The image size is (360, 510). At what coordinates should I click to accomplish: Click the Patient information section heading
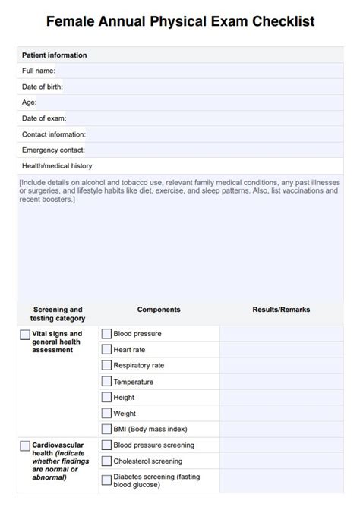pos(54,55)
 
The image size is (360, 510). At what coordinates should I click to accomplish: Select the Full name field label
pos(39,71)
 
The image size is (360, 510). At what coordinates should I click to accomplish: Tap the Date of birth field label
pos(43,87)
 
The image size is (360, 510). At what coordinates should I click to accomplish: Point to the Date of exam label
pos(44,118)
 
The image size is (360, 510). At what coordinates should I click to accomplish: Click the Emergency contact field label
pos(53,150)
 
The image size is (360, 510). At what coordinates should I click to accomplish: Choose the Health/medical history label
pos(58,165)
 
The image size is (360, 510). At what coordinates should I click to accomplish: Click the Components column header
pos(159,310)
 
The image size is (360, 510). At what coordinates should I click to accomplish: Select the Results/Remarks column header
pos(281,310)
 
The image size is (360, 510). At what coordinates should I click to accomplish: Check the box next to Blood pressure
pos(106,333)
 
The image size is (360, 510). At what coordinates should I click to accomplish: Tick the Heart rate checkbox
pos(106,349)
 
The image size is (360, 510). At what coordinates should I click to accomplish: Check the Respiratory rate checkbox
pos(106,365)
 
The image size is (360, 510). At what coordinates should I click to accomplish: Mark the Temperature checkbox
pos(106,382)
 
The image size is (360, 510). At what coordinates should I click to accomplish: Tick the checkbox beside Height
pos(106,397)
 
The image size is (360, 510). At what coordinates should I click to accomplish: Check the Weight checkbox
pos(106,414)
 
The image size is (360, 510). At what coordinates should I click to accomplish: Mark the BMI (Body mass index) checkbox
pos(106,430)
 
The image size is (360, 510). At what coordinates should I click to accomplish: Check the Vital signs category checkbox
pos(25,334)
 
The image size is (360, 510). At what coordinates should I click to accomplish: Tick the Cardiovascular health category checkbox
pos(25,445)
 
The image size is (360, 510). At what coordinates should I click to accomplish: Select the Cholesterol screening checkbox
pos(106,461)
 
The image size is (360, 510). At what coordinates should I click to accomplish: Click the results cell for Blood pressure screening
pos(281,445)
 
